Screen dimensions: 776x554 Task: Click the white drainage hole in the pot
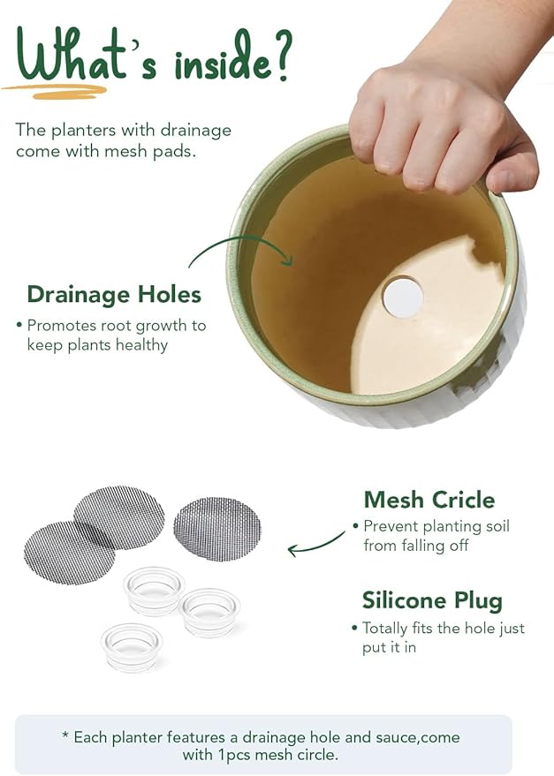[403, 297]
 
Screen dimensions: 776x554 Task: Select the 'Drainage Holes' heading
[114, 294]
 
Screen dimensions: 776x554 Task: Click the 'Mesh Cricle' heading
[429, 500]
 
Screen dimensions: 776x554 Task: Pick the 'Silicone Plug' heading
[432, 601]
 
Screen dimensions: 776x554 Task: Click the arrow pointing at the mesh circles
[315, 544]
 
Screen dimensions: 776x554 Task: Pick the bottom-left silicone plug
[132, 646]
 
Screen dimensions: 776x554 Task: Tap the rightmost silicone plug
[210, 611]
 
